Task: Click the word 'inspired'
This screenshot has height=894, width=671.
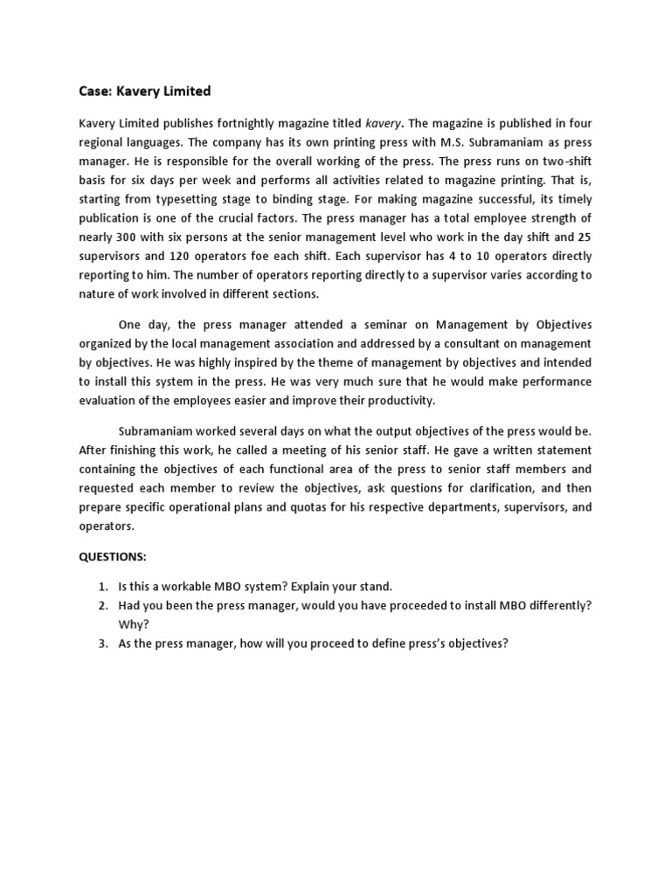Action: [197, 363]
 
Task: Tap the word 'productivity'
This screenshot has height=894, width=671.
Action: [402, 401]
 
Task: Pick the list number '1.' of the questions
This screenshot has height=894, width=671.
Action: [102, 587]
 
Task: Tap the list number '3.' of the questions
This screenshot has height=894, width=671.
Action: [102, 644]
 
